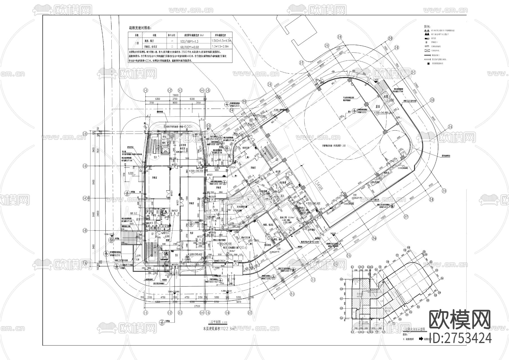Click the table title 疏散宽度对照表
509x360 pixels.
click(140, 28)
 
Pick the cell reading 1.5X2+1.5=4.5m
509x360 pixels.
click(222, 41)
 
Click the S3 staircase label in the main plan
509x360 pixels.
click(155, 157)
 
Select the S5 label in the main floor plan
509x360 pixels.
click(176, 255)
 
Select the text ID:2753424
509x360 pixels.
click(460, 338)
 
